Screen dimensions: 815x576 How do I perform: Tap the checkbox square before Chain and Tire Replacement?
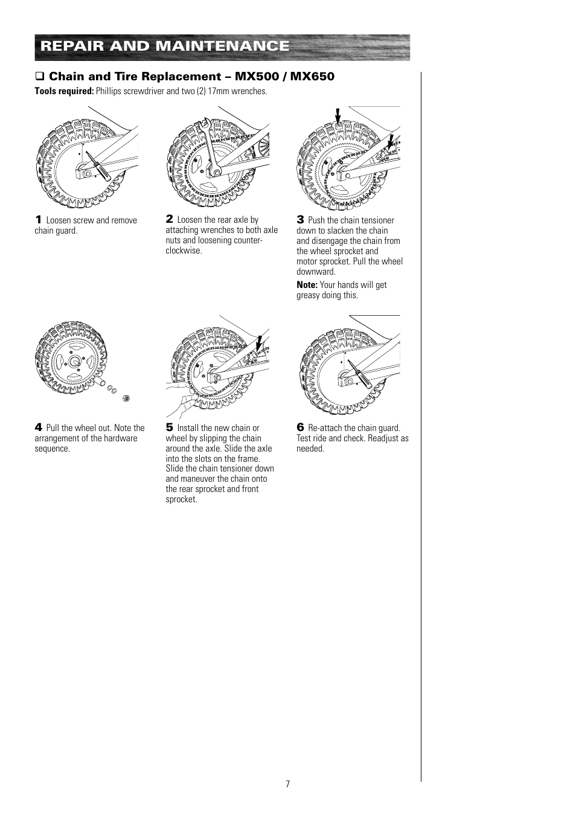tap(40, 77)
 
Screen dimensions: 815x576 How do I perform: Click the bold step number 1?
tap(38, 220)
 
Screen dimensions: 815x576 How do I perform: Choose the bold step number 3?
tap(300, 220)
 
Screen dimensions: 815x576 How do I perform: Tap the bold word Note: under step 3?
tap(307, 285)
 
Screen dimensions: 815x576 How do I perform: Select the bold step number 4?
tap(38, 427)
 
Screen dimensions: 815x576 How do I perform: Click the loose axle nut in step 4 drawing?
tap(126, 398)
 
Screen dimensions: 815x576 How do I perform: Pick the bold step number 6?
tap(300, 427)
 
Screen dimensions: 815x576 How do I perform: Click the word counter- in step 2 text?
tap(248, 240)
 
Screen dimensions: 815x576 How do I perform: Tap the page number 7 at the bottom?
tap(288, 784)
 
